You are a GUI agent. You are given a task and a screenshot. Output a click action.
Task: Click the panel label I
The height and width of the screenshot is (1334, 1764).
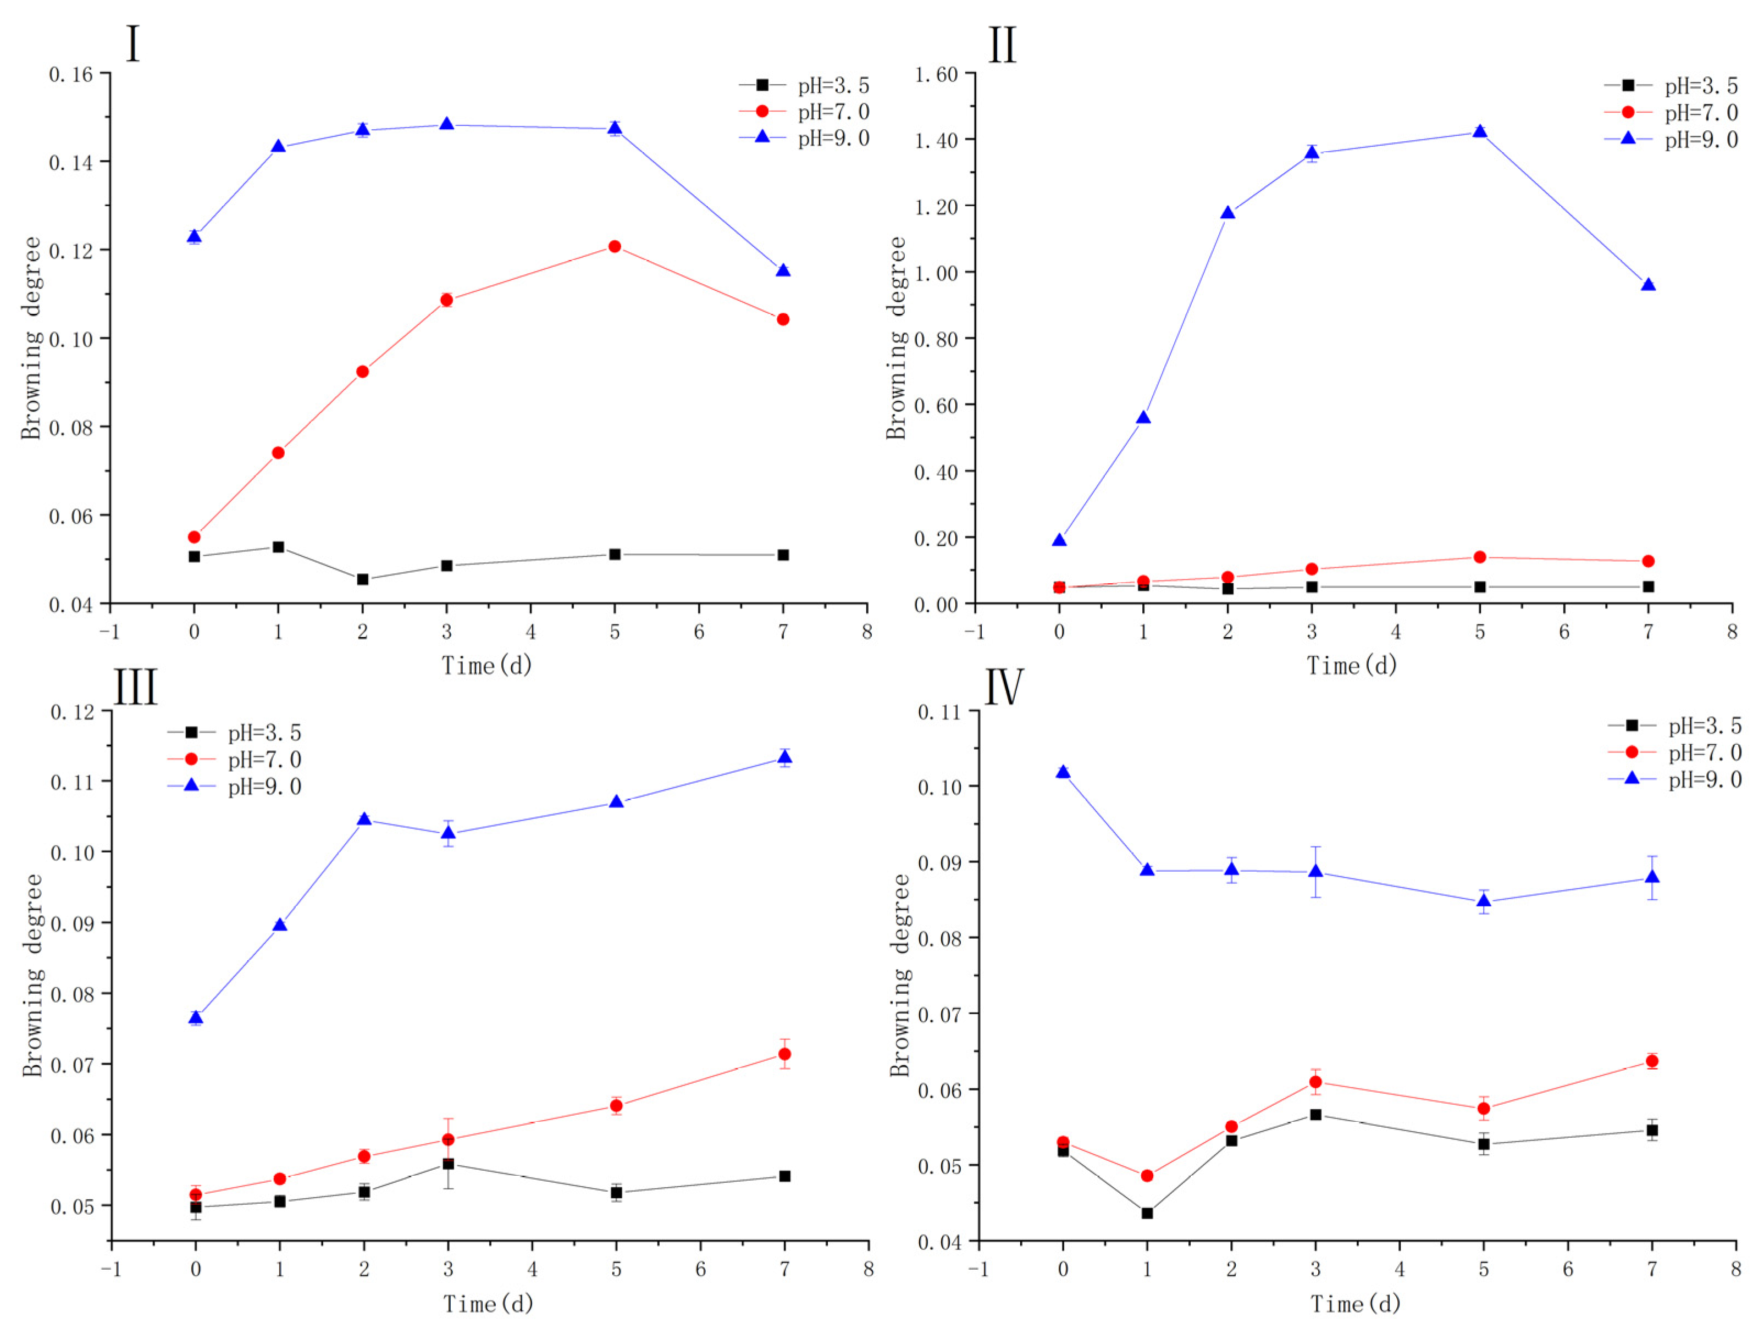[132, 44]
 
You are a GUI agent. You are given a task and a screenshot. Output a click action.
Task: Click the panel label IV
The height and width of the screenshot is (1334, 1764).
[1003, 687]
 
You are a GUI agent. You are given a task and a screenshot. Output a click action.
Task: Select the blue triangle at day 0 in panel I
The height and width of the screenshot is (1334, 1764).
[194, 236]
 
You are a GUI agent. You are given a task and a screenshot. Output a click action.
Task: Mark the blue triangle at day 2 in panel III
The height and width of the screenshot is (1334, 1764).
[364, 819]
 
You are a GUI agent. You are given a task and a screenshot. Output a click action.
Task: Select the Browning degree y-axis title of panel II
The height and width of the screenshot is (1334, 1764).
[897, 337]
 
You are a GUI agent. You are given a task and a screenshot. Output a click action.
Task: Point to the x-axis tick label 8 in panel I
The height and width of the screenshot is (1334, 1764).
[867, 632]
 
